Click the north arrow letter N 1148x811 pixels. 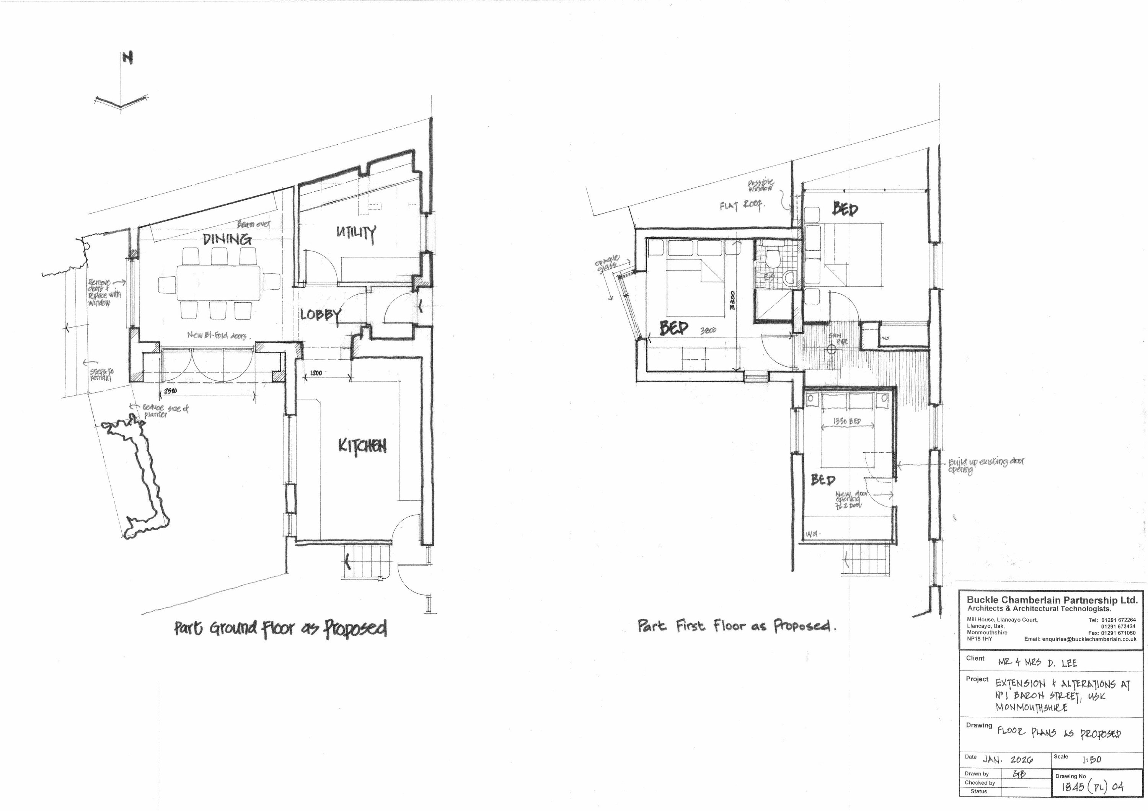coord(128,59)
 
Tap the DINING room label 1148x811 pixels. coord(227,239)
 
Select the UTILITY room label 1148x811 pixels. coord(356,233)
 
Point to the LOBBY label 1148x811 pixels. coord(321,315)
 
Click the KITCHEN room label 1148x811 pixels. coord(362,446)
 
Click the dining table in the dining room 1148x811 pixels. coord(218,283)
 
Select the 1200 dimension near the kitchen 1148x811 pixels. coord(316,373)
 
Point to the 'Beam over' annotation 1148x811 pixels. coord(253,225)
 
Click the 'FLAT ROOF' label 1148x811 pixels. coord(741,205)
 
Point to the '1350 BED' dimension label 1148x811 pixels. coord(846,421)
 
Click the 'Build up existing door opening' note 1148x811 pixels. coord(985,465)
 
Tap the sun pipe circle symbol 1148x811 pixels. coord(831,349)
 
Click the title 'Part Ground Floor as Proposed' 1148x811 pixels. coord(280,628)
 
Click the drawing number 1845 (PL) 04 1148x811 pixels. coord(1092,787)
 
